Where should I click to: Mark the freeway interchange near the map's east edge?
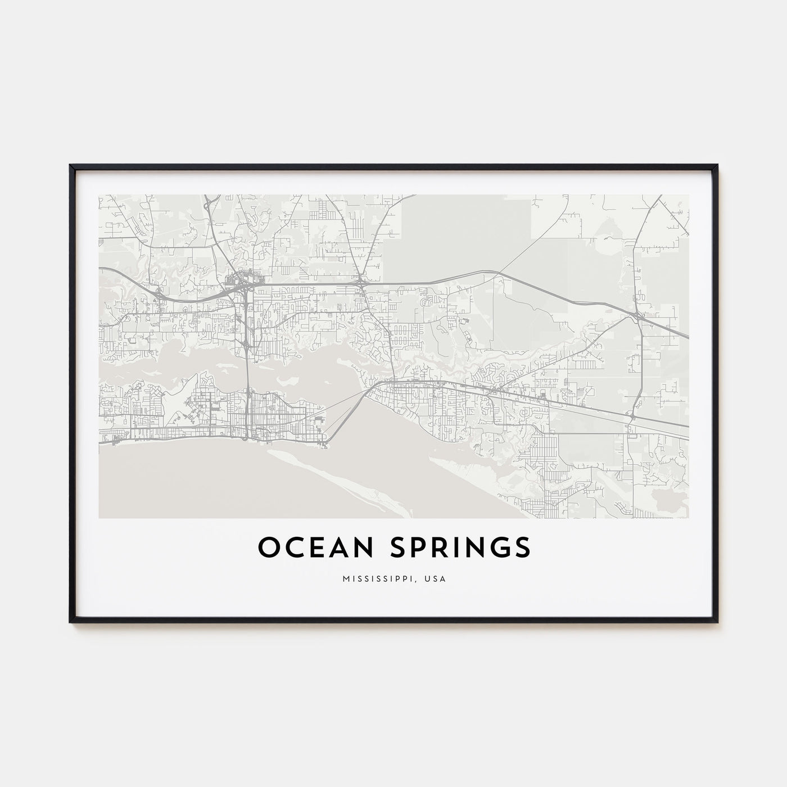click(x=637, y=316)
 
